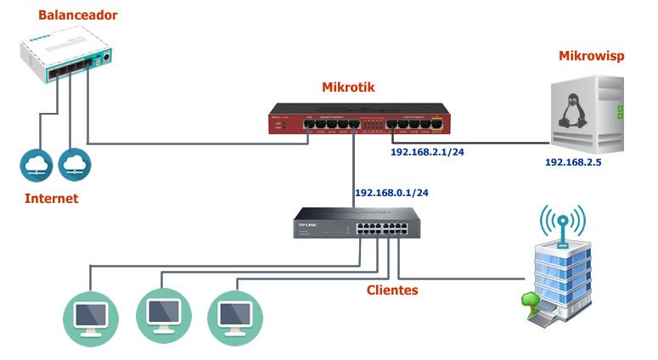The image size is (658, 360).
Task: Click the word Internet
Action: click(x=50, y=199)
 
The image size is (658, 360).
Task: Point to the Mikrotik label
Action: click(x=348, y=87)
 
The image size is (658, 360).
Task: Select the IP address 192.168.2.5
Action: click(x=573, y=161)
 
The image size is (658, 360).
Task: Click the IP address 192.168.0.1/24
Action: click(x=391, y=193)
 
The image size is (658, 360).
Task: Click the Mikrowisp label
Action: click(x=592, y=56)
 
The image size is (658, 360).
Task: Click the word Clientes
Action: click(x=392, y=290)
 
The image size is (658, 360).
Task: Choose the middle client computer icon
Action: click(x=161, y=314)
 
